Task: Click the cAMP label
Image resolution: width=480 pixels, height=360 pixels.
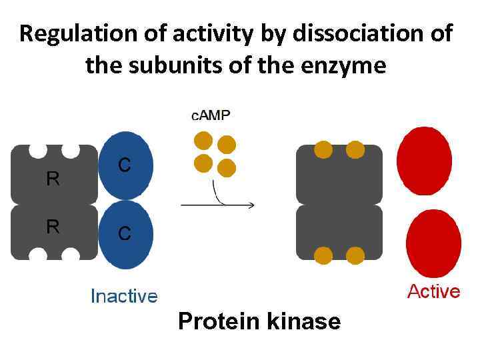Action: point(211,115)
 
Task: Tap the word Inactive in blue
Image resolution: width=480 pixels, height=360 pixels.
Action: point(124,296)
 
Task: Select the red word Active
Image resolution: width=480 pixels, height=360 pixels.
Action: point(433,291)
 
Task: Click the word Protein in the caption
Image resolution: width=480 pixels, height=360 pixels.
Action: point(219,322)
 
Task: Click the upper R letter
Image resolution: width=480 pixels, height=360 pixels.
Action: point(53,179)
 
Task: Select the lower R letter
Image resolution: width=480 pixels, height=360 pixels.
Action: point(53,227)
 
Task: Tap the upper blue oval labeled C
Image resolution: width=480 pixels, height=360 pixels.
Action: point(126,165)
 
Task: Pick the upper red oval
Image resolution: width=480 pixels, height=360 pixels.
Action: point(424,161)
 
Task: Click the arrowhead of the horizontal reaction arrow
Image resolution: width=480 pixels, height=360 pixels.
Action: point(251,205)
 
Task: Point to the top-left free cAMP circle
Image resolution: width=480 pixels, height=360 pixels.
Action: point(203,141)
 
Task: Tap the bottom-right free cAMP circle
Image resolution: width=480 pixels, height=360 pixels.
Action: point(227,167)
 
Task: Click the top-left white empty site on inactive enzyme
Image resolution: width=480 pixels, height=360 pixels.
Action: point(38,150)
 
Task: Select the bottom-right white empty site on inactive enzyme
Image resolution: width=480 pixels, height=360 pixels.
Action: point(71,254)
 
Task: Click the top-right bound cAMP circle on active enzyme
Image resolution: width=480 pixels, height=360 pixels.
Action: point(355,150)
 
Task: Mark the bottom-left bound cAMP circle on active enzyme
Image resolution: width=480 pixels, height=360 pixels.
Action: point(323,255)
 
